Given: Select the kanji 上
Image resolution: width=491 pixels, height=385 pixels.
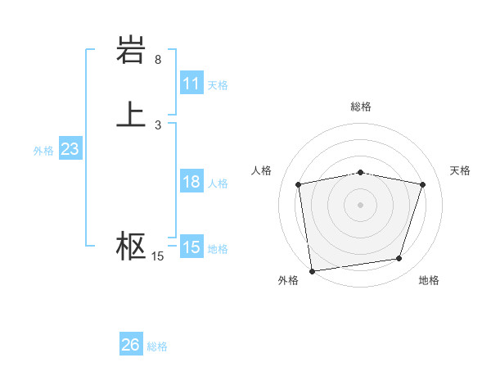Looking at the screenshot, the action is pos(131,114).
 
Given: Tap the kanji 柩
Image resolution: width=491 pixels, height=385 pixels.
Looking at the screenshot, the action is pos(131,246).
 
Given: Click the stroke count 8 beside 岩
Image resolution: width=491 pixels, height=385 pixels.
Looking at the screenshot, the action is pos(158,60).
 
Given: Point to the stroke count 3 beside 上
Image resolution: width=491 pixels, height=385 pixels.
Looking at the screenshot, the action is pos(158,125).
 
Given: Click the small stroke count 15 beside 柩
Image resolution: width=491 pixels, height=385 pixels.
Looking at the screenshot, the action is pos(158,256).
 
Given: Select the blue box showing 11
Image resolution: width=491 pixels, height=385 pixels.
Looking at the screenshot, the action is pos(191,84).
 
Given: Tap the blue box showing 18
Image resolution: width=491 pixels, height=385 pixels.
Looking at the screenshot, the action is pos(191,182).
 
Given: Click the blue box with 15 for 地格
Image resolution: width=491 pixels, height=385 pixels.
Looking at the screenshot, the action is pos(191,247).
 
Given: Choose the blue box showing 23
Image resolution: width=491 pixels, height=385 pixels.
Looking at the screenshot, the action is pos(70,149).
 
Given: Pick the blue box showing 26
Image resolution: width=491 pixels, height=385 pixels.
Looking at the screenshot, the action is pos(131,345).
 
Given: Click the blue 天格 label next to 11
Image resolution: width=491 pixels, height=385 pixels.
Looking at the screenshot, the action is pos(218,85).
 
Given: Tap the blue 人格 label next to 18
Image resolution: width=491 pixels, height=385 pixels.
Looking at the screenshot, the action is pos(218,183).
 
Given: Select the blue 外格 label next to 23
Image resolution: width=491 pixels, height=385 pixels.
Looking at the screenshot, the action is pos(43,151).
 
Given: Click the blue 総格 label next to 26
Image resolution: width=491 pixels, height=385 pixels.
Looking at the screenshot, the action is pos(158,346).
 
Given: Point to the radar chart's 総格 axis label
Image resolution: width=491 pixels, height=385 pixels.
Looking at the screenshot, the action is pos(361,106).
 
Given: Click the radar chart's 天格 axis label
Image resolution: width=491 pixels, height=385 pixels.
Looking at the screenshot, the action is pos(461,170).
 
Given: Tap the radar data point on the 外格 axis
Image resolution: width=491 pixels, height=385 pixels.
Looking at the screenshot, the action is pos(312,270).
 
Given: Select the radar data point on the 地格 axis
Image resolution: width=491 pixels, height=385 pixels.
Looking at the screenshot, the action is pos(399,259).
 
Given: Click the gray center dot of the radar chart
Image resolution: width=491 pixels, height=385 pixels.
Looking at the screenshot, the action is pos(361,204).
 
